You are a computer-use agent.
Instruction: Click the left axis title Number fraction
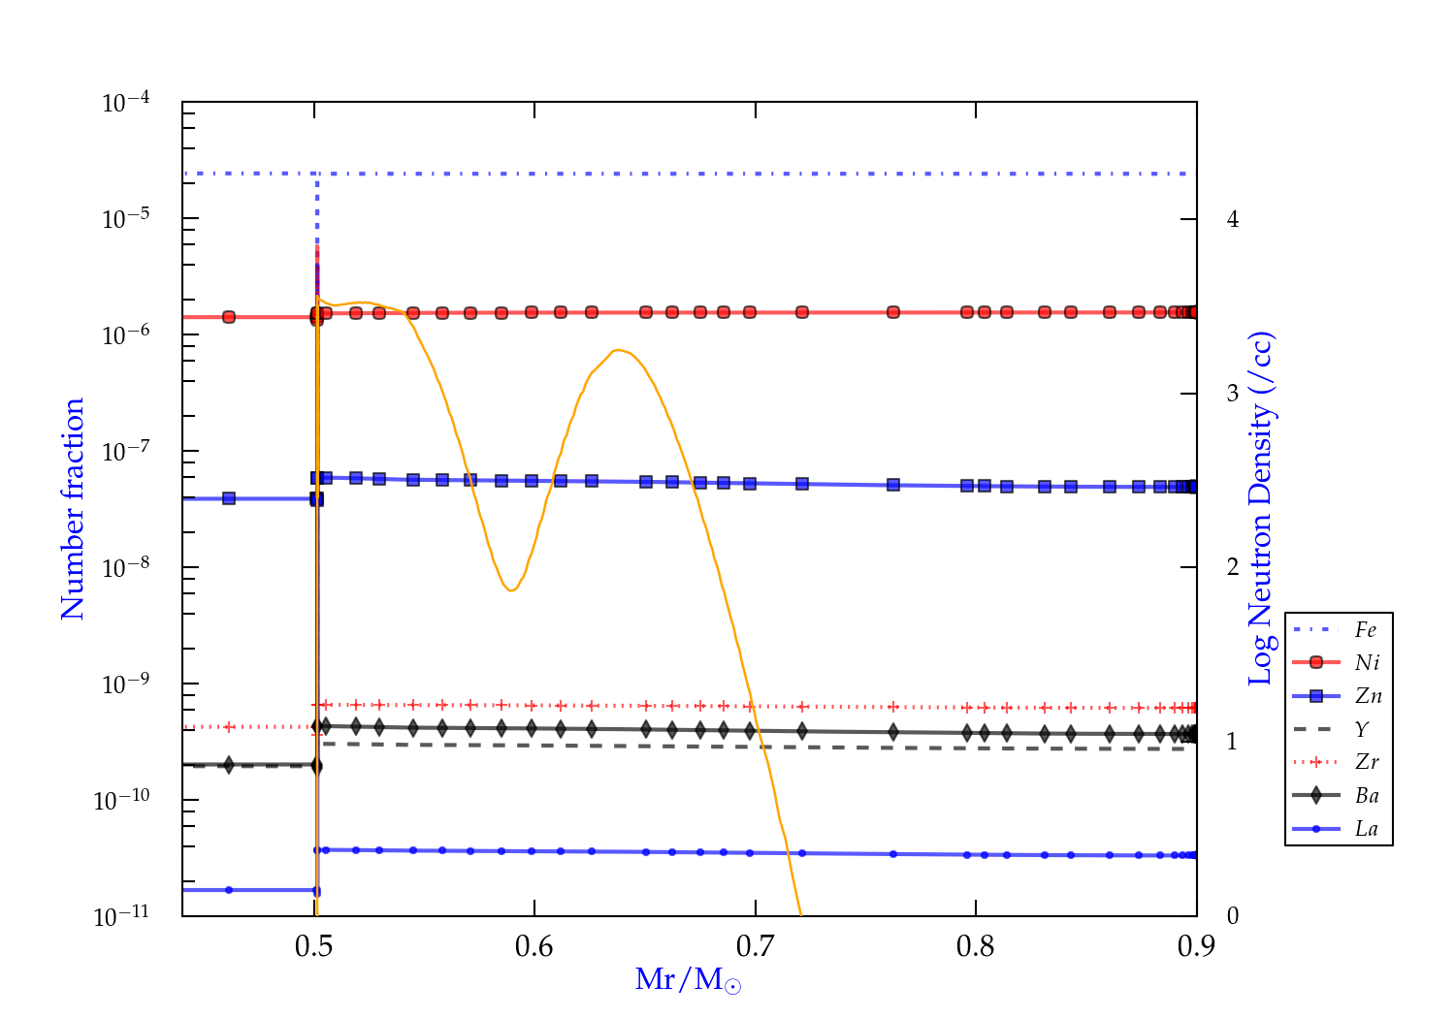click(x=74, y=509)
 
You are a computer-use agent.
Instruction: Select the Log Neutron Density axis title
click(x=1261, y=509)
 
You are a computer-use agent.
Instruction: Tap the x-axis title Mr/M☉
click(x=688, y=980)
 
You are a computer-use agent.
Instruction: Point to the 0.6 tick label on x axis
click(x=534, y=946)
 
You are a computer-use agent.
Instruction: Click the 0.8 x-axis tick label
click(x=976, y=946)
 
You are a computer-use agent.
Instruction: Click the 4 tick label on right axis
click(x=1233, y=219)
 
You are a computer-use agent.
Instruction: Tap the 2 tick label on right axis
click(x=1233, y=567)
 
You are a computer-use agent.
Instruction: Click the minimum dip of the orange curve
click(x=511, y=590)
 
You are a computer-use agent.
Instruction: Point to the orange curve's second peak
click(x=618, y=350)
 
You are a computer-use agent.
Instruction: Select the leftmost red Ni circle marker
click(x=229, y=317)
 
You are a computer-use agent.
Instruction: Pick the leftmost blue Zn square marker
click(x=229, y=498)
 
